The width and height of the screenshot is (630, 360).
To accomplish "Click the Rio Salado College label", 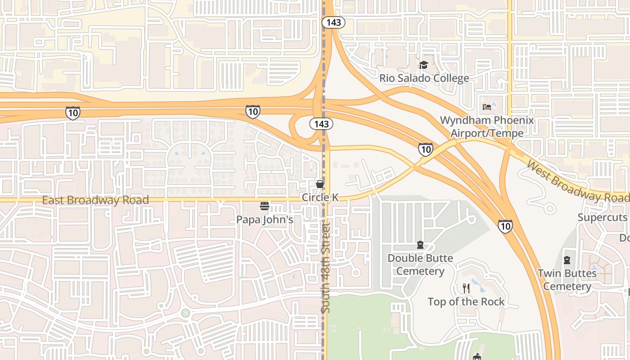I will click(424, 78).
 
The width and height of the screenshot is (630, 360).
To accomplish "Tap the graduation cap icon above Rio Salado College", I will click(423, 65).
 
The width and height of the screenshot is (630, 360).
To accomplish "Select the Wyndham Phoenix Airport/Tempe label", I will click(487, 126).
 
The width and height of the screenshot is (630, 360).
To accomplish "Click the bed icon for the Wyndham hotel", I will click(487, 107).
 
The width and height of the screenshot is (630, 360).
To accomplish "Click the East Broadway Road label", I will click(95, 200).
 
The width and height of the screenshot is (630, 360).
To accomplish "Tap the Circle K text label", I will click(320, 198).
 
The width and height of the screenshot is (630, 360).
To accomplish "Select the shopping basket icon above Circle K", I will click(320, 184).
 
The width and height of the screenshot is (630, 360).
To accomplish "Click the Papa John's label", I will click(265, 220).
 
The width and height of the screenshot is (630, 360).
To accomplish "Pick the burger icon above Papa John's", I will click(265, 207).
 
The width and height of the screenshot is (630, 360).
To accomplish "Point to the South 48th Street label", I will click(326, 268).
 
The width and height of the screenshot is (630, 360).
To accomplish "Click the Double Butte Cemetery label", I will click(420, 265).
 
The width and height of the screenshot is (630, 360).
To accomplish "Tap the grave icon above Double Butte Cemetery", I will click(420, 245).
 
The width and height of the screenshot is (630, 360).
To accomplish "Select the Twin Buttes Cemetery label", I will click(567, 279).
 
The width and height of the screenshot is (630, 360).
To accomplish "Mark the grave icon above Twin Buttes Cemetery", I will click(567, 260).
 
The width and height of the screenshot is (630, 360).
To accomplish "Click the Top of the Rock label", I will click(466, 301).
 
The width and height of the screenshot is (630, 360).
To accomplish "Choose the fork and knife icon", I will click(466, 288).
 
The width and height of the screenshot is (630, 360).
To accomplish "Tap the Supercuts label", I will click(603, 217).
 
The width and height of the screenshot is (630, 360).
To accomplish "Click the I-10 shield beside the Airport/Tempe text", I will click(426, 149).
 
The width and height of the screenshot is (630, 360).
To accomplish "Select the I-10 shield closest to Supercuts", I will click(505, 225).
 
